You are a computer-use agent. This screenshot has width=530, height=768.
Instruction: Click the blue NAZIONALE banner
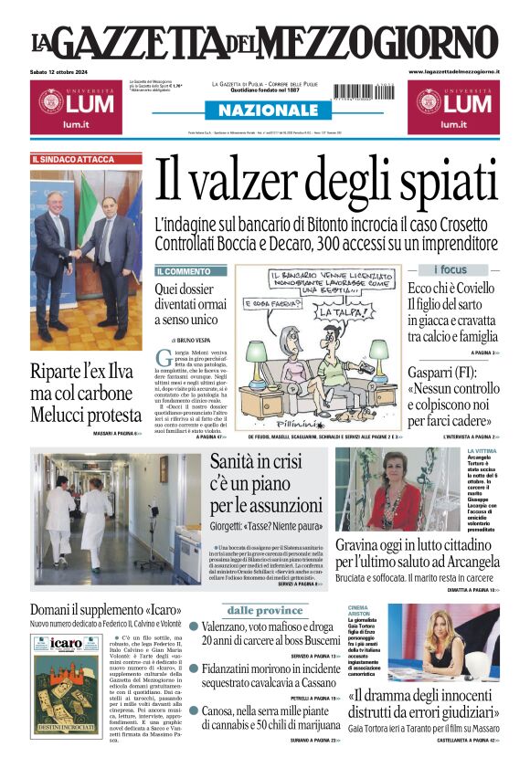[264, 110]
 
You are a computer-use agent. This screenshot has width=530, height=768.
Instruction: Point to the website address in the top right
[453, 71]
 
